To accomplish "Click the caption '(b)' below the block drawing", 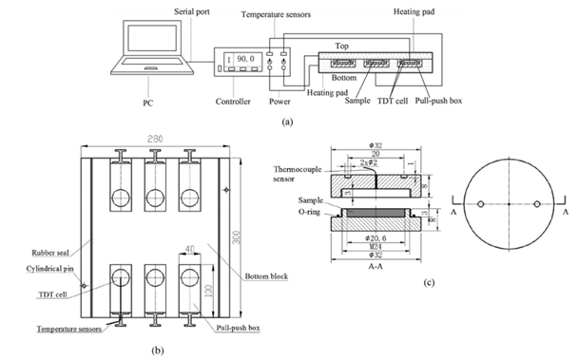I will [x=159, y=351].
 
